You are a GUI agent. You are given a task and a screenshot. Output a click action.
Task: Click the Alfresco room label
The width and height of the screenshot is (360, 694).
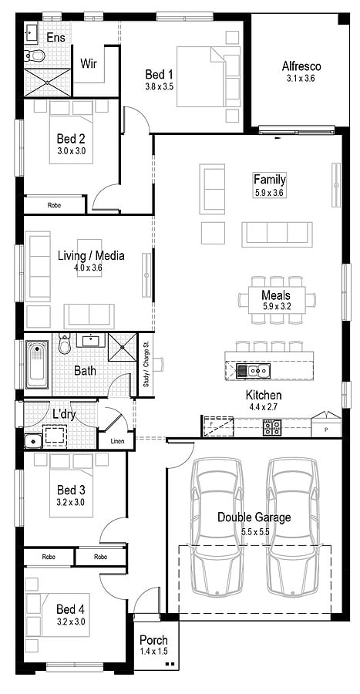(x=301, y=66)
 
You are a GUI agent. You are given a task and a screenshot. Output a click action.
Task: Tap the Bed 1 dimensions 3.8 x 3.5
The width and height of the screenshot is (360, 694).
(x=160, y=87)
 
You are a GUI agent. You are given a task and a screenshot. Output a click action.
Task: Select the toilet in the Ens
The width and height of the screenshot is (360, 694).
(x=33, y=55)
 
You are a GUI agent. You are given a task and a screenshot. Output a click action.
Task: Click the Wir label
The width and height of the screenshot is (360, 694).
(x=89, y=63)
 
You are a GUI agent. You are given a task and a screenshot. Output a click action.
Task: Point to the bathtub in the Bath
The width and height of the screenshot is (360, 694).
(x=37, y=365)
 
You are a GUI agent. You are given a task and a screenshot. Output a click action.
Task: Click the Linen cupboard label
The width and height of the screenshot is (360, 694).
(x=116, y=440)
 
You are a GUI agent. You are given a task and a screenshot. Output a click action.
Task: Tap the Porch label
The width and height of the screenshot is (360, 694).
(x=153, y=640)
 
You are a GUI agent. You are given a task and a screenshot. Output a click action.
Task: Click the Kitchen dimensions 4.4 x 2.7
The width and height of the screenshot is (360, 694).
(x=263, y=406)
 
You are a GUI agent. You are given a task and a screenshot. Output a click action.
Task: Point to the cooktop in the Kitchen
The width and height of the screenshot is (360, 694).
(x=272, y=426)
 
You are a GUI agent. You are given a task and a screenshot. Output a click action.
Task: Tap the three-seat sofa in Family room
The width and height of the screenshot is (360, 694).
(x=277, y=234)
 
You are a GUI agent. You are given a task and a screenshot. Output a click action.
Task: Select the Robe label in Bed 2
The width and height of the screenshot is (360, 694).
(x=54, y=205)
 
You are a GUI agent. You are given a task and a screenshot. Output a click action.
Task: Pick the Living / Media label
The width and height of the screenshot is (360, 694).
(x=91, y=256)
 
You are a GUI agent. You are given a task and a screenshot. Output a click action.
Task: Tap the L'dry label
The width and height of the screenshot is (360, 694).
(x=63, y=414)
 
